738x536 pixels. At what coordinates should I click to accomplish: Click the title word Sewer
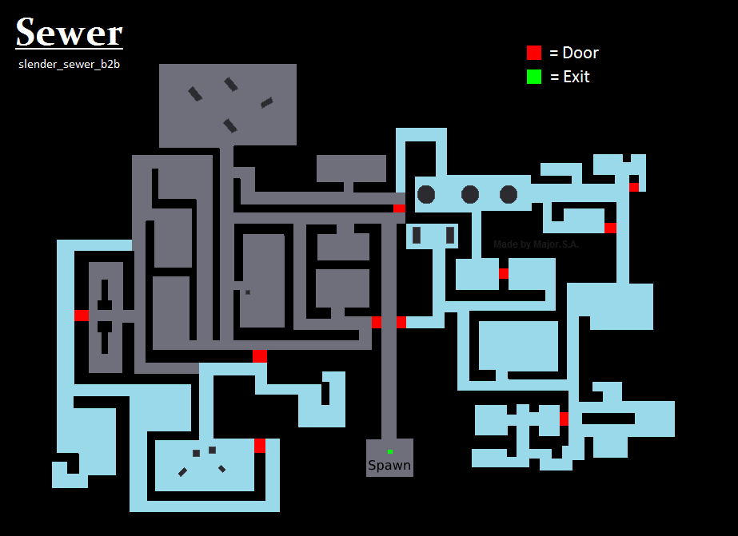(x=69, y=33)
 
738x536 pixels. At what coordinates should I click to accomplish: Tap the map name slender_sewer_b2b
(x=69, y=63)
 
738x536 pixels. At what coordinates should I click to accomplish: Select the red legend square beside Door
(x=534, y=53)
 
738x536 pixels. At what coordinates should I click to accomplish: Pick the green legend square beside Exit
(x=534, y=77)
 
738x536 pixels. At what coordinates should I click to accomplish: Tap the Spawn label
(x=389, y=465)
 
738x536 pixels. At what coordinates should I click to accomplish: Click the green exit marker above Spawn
(x=390, y=451)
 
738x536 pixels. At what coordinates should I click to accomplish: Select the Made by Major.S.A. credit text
(x=536, y=244)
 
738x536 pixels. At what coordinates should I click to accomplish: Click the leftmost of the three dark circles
(x=426, y=194)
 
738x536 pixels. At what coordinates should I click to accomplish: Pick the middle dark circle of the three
(x=470, y=194)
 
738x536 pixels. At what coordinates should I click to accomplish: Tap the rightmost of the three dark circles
(x=509, y=194)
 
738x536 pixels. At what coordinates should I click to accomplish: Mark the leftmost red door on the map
(x=82, y=315)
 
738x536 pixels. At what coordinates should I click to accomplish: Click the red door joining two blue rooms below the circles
(x=503, y=273)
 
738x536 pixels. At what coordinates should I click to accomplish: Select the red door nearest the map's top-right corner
(x=634, y=187)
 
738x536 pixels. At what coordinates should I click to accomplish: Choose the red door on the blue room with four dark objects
(x=259, y=446)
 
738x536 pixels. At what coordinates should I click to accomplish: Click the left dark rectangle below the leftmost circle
(x=417, y=235)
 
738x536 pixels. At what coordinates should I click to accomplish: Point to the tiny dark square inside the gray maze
(x=248, y=292)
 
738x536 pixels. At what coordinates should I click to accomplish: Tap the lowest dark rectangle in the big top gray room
(x=230, y=125)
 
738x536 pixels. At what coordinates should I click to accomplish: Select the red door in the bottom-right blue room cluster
(x=564, y=419)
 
